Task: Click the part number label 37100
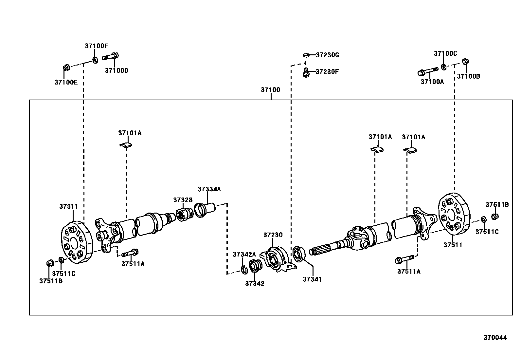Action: tap(270, 90)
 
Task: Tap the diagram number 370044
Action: tap(495, 337)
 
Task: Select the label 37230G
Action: tap(327, 55)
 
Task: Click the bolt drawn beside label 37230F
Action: tap(306, 72)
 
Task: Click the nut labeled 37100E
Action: tap(65, 67)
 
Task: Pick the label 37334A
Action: tap(209, 189)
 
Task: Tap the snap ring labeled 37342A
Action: tap(243, 269)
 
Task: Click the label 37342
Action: tap(255, 284)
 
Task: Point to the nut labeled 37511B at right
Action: tap(495, 216)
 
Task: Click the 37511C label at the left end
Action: tap(63, 274)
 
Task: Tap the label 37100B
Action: tap(468, 76)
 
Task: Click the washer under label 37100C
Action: tap(444, 67)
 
